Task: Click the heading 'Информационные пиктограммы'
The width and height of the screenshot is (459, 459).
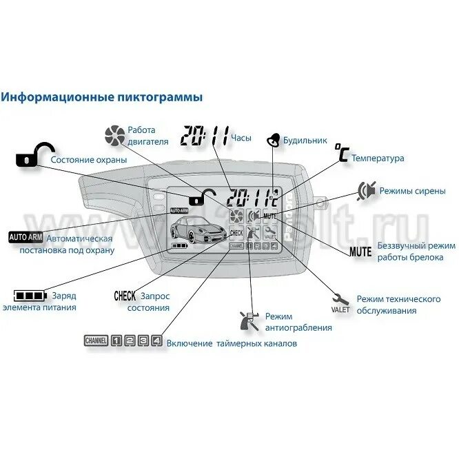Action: (x=102, y=98)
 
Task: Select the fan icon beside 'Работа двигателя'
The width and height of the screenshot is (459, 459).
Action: (x=113, y=135)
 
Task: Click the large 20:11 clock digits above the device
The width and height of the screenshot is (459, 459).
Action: (x=204, y=136)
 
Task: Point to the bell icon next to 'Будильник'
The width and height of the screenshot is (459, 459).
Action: (x=274, y=139)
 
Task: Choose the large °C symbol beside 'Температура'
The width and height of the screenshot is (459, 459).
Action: (x=341, y=153)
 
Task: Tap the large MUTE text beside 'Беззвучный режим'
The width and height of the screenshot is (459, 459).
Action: (x=360, y=252)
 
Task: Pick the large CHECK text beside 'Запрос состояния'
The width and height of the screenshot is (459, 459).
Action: (x=125, y=296)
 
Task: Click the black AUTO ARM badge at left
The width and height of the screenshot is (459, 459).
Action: (x=25, y=237)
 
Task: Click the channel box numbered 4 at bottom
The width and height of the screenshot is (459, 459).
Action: (x=156, y=340)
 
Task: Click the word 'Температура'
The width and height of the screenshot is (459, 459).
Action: (x=378, y=158)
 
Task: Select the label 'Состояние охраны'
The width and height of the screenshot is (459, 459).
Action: (x=88, y=160)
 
